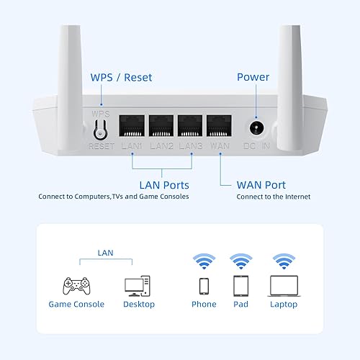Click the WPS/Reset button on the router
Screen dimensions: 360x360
pos(100,129)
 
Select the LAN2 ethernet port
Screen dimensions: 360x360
pos(161,125)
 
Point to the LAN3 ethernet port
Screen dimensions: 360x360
pos(190,125)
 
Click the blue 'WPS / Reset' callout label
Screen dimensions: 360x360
pos(121,77)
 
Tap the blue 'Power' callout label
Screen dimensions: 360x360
pos(253,77)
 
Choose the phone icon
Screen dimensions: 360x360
pos(204,285)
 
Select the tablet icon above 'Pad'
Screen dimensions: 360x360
pos(241,285)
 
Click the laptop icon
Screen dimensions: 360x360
pos(284,285)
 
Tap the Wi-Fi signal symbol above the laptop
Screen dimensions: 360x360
pos(284,260)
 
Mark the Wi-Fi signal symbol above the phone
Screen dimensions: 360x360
pos(204,260)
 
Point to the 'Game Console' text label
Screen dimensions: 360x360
pos(76,305)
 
